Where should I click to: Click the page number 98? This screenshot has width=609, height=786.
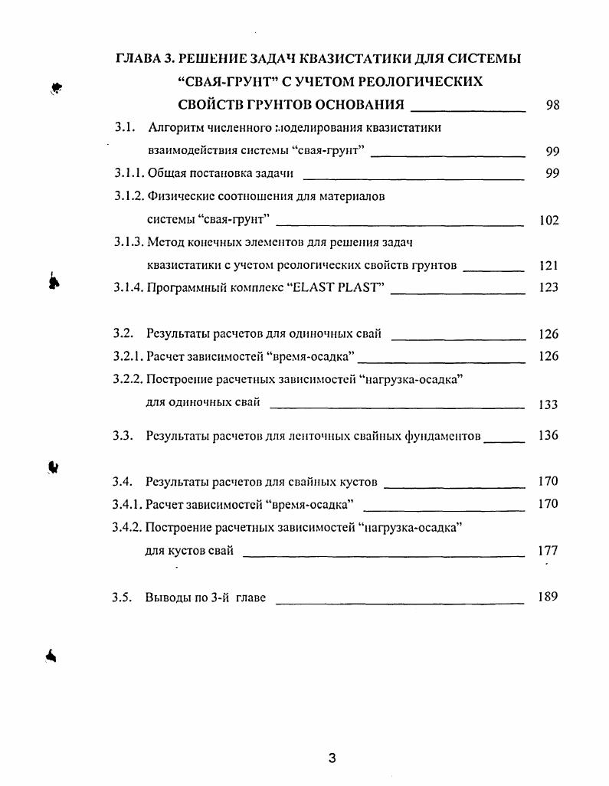pyautogui.click(x=552, y=106)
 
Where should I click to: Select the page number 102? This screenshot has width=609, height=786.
pyautogui.click(x=548, y=221)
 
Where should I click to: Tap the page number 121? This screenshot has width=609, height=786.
pyautogui.click(x=548, y=266)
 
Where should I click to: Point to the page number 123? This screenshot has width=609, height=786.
pyautogui.click(x=548, y=288)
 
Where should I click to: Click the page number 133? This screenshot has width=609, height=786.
pyautogui.click(x=548, y=404)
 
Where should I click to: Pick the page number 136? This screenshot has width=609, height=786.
pyautogui.click(x=548, y=436)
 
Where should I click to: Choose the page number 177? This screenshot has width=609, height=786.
pyautogui.click(x=548, y=550)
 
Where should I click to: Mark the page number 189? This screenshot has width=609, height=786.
pyautogui.click(x=548, y=597)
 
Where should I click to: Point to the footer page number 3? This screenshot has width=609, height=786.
pyautogui.click(x=332, y=758)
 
